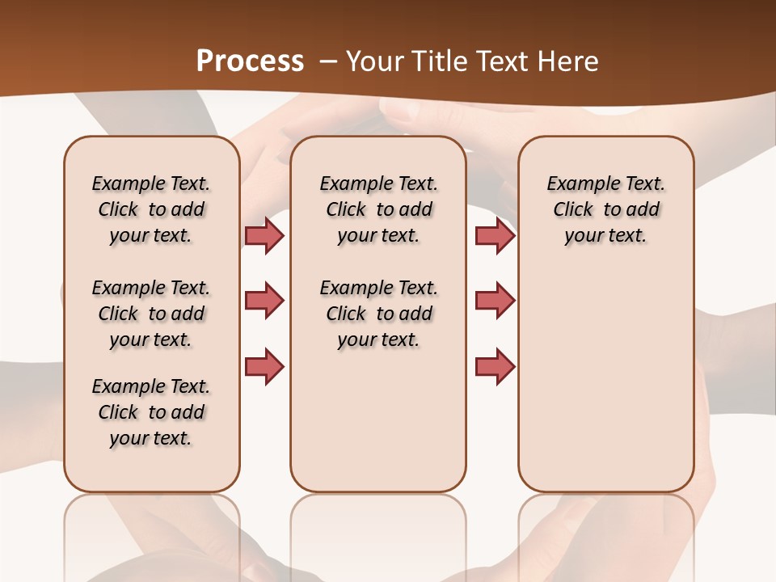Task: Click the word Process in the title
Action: (250, 61)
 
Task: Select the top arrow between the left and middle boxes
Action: (264, 235)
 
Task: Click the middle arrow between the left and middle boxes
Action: (264, 301)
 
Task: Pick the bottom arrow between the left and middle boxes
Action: (264, 366)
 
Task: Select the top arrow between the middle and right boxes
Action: (495, 235)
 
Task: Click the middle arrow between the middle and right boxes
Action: (495, 301)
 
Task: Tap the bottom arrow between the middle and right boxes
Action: (495, 366)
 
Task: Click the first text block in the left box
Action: (151, 209)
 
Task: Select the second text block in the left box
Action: (151, 314)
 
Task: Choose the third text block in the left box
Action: (151, 412)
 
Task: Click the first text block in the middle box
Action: (378, 209)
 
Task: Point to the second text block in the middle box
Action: (378, 314)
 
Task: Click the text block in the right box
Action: (606, 209)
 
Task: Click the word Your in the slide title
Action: (374, 61)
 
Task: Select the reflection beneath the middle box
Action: (378, 533)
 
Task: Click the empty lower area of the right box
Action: (606, 388)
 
